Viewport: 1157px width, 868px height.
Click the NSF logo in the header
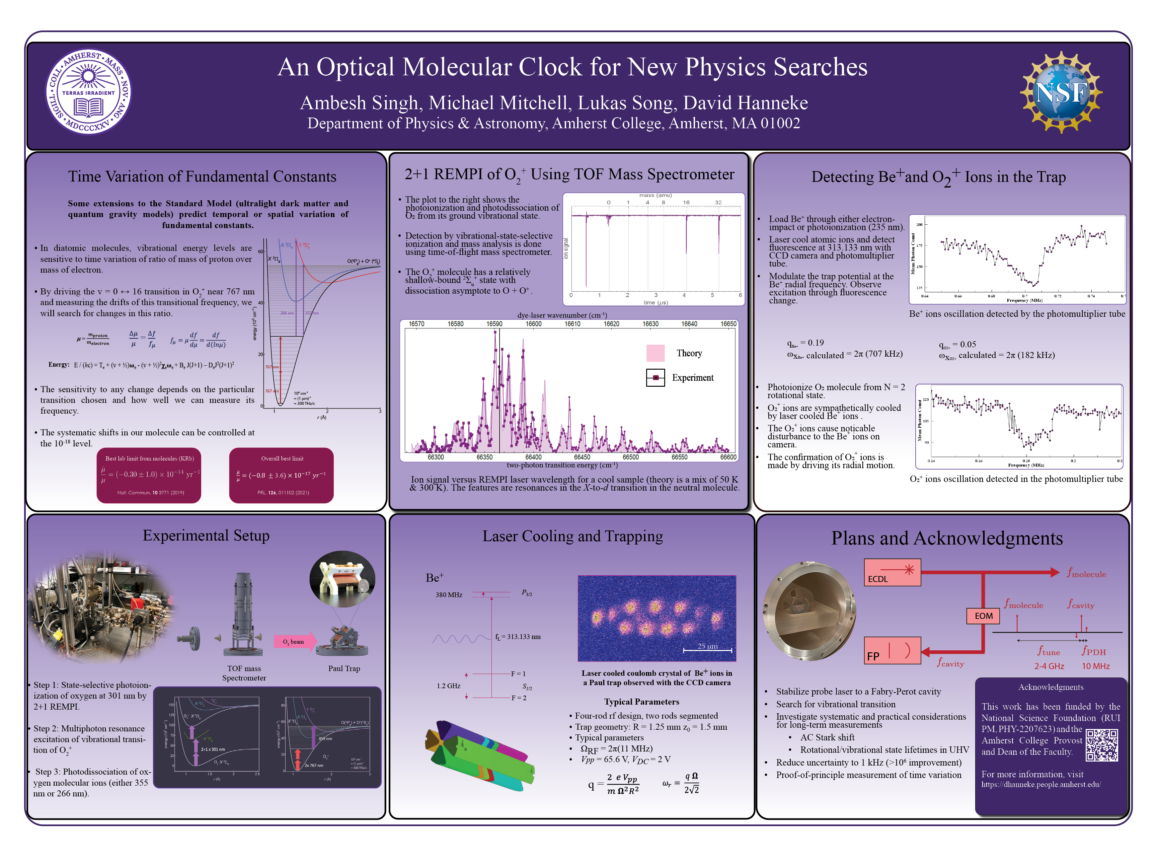tap(1061, 92)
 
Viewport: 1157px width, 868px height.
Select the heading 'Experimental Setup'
tap(206, 536)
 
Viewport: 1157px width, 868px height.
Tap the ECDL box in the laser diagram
tap(892, 572)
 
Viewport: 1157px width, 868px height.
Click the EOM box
tap(983, 616)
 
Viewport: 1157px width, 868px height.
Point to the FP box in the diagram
tap(892, 650)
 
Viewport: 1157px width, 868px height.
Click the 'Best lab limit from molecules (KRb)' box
tap(149, 475)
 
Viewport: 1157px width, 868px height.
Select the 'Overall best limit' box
tap(282, 475)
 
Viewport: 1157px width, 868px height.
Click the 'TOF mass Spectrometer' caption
tap(244, 673)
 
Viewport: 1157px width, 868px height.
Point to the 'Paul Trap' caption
tap(343, 668)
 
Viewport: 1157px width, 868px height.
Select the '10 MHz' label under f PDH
tap(1096, 666)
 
